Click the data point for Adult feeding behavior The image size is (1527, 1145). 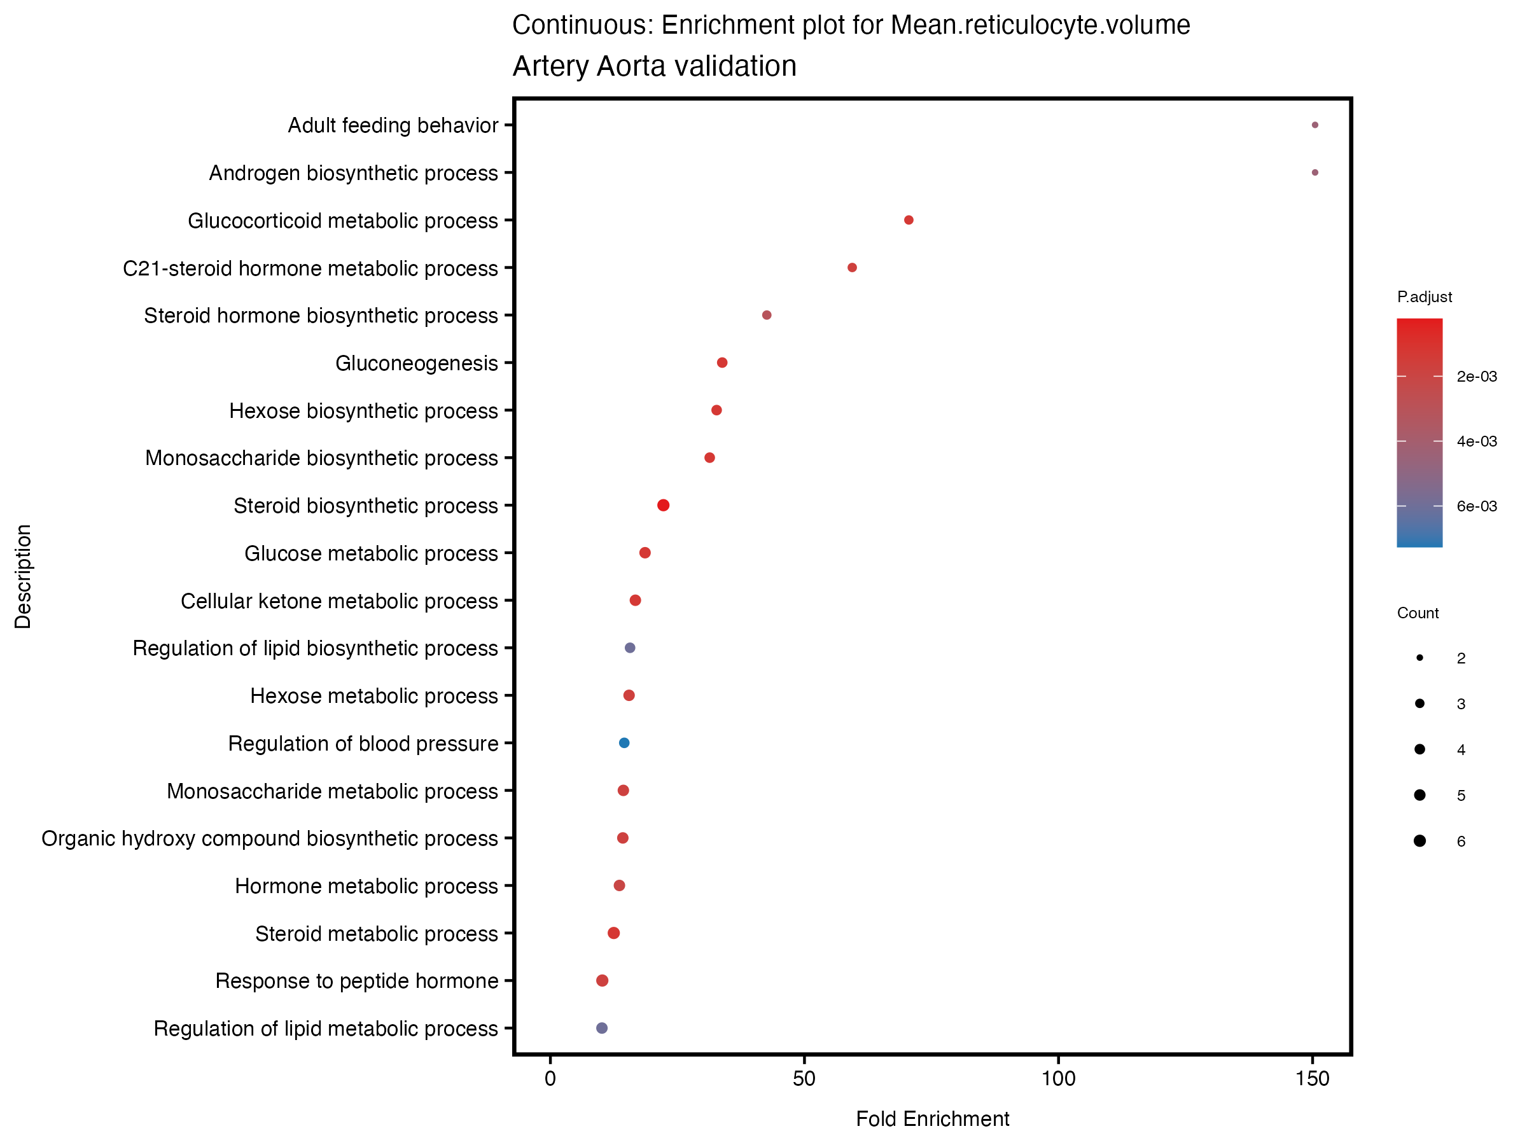[1314, 125]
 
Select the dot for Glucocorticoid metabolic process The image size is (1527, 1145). [909, 220]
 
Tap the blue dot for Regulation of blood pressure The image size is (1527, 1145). [624, 742]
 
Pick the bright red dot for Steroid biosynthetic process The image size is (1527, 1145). [664, 505]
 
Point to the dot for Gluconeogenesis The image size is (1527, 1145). [722, 363]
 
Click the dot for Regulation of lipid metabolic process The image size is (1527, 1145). [602, 1028]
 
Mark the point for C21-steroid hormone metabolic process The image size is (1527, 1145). [852, 268]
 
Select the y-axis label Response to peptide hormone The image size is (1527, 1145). [356, 981]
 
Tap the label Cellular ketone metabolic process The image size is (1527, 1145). [339, 601]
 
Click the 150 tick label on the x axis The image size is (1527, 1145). [1313, 1079]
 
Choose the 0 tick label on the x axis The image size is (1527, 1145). [550, 1079]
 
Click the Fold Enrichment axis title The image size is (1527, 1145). [932, 1119]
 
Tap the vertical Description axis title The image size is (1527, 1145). [23, 576]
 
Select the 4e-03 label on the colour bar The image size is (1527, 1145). [1477, 441]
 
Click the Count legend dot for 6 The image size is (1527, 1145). [1419, 841]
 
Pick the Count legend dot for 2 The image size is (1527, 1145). [1419, 658]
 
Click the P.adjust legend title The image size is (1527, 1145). [1424, 297]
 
